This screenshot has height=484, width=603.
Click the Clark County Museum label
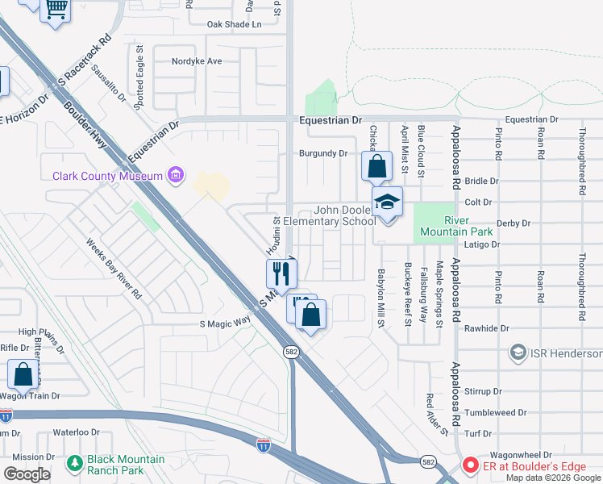(106, 176)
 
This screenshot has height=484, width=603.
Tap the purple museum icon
(174, 175)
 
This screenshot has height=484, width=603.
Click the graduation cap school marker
(387, 202)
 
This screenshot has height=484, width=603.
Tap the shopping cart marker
(56, 10)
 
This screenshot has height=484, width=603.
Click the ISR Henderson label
(566, 353)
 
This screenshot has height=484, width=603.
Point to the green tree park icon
(74, 463)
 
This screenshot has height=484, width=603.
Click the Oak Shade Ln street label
(235, 24)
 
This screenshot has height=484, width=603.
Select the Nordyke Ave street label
(197, 60)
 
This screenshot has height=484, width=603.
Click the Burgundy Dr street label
(322, 152)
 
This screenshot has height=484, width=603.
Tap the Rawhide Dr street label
(483, 328)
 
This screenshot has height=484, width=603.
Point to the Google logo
(27, 475)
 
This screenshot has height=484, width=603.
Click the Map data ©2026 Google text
(552, 478)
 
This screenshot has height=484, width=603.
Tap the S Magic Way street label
(225, 324)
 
